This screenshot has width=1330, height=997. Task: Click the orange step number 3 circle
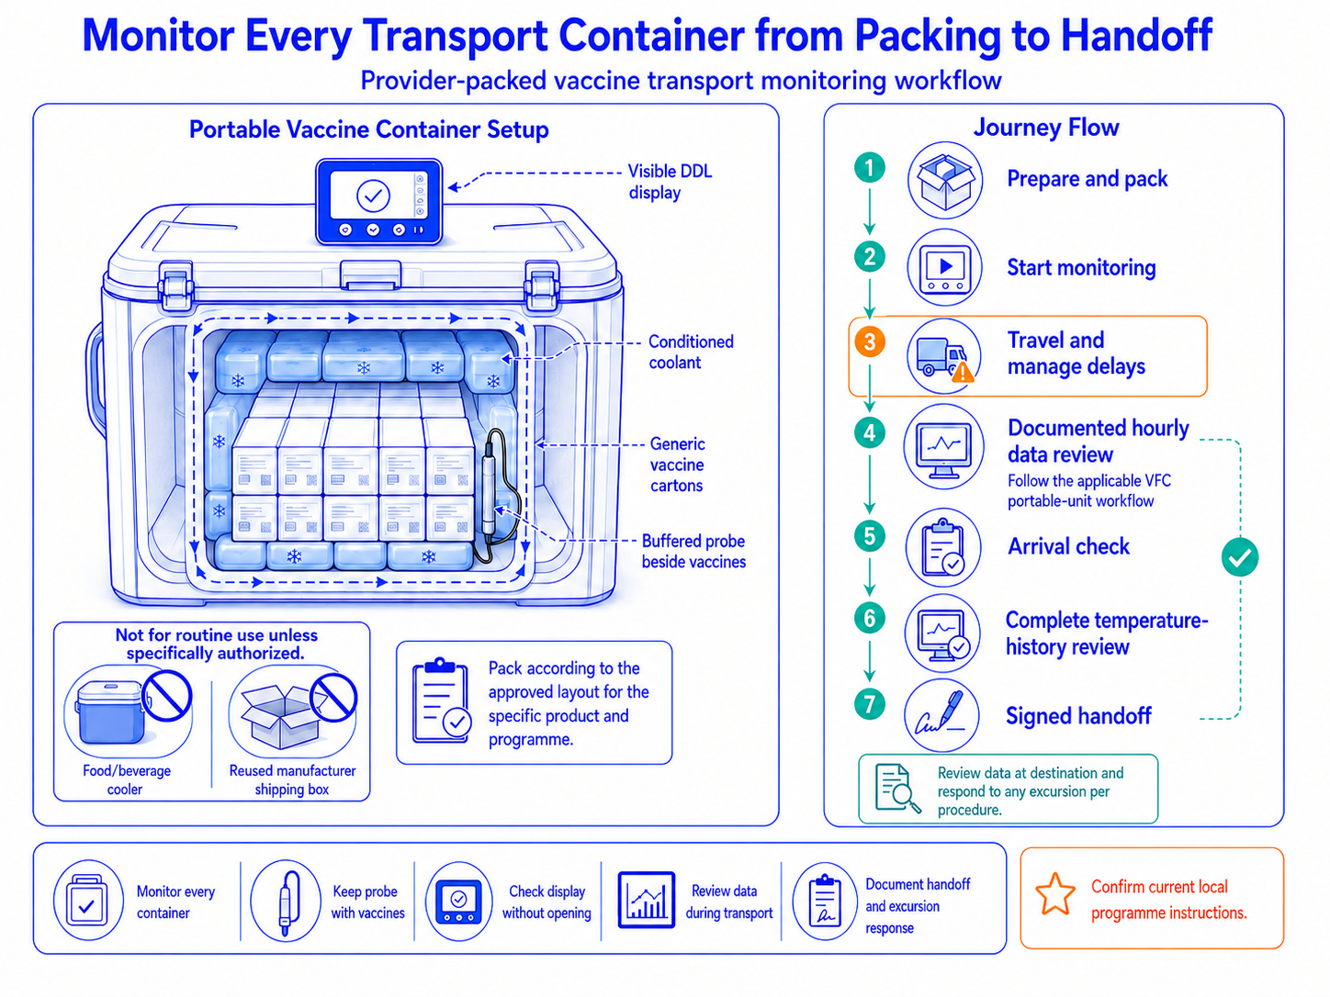pyautogui.click(x=870, y=342)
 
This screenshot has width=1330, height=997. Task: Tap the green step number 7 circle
pyautogui.click(x=870, y=704)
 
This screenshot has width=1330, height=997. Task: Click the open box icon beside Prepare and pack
pyautogui.click(x=944, y=180)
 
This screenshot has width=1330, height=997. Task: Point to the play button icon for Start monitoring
pyautogui.click(x=944, y=267)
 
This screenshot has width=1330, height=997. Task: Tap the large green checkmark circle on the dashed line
pyautogui.click(x=1240, y=557)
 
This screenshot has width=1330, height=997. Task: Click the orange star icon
pyautogui.click(x=1055, y=894)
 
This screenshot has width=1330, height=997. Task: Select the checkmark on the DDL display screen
pyautogui.click(x=373, y=195)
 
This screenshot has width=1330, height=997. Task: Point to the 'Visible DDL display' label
pyautogui.click(x=669, y=182)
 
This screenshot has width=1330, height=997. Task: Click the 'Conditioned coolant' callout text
pyautogui.click(x=691, y=352)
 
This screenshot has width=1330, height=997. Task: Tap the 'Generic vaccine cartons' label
pyautogui.click(x=677, y=465)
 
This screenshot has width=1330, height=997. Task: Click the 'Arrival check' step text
pyautogui.click(x=1069, y=546)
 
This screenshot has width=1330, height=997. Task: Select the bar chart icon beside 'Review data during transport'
pyautogui.click(x=647, y=900)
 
